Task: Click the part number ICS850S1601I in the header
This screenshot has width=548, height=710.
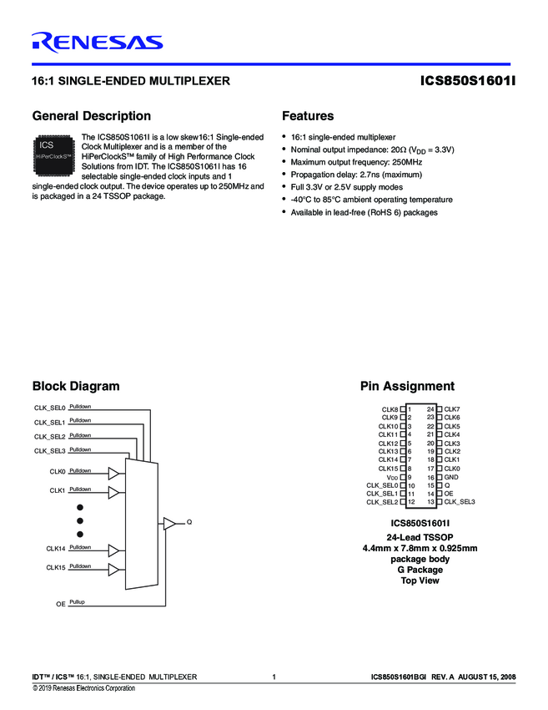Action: click(469, 82)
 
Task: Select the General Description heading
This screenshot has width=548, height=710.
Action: click(91, 116)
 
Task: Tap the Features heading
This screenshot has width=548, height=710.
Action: click(308, 116)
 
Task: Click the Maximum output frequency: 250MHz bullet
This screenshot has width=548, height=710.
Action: click(356, 161)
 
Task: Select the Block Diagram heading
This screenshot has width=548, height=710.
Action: click(75, 386)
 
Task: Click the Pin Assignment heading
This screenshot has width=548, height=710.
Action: click(407, 386)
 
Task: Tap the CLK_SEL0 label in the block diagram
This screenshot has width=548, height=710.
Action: click(49, 408)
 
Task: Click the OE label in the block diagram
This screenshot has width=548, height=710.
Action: click(60, 603)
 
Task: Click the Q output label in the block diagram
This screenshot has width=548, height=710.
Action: click(189, 522)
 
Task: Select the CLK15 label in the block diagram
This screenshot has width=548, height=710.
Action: click(55, 568)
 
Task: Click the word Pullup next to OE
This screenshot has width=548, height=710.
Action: click(78, 601)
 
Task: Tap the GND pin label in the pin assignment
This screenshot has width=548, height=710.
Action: click(451, 477)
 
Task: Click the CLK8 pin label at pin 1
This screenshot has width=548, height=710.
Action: click(390, 409)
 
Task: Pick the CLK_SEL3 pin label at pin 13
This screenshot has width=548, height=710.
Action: click(460, 502)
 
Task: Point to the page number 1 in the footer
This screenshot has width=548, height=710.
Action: click(274, 677)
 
